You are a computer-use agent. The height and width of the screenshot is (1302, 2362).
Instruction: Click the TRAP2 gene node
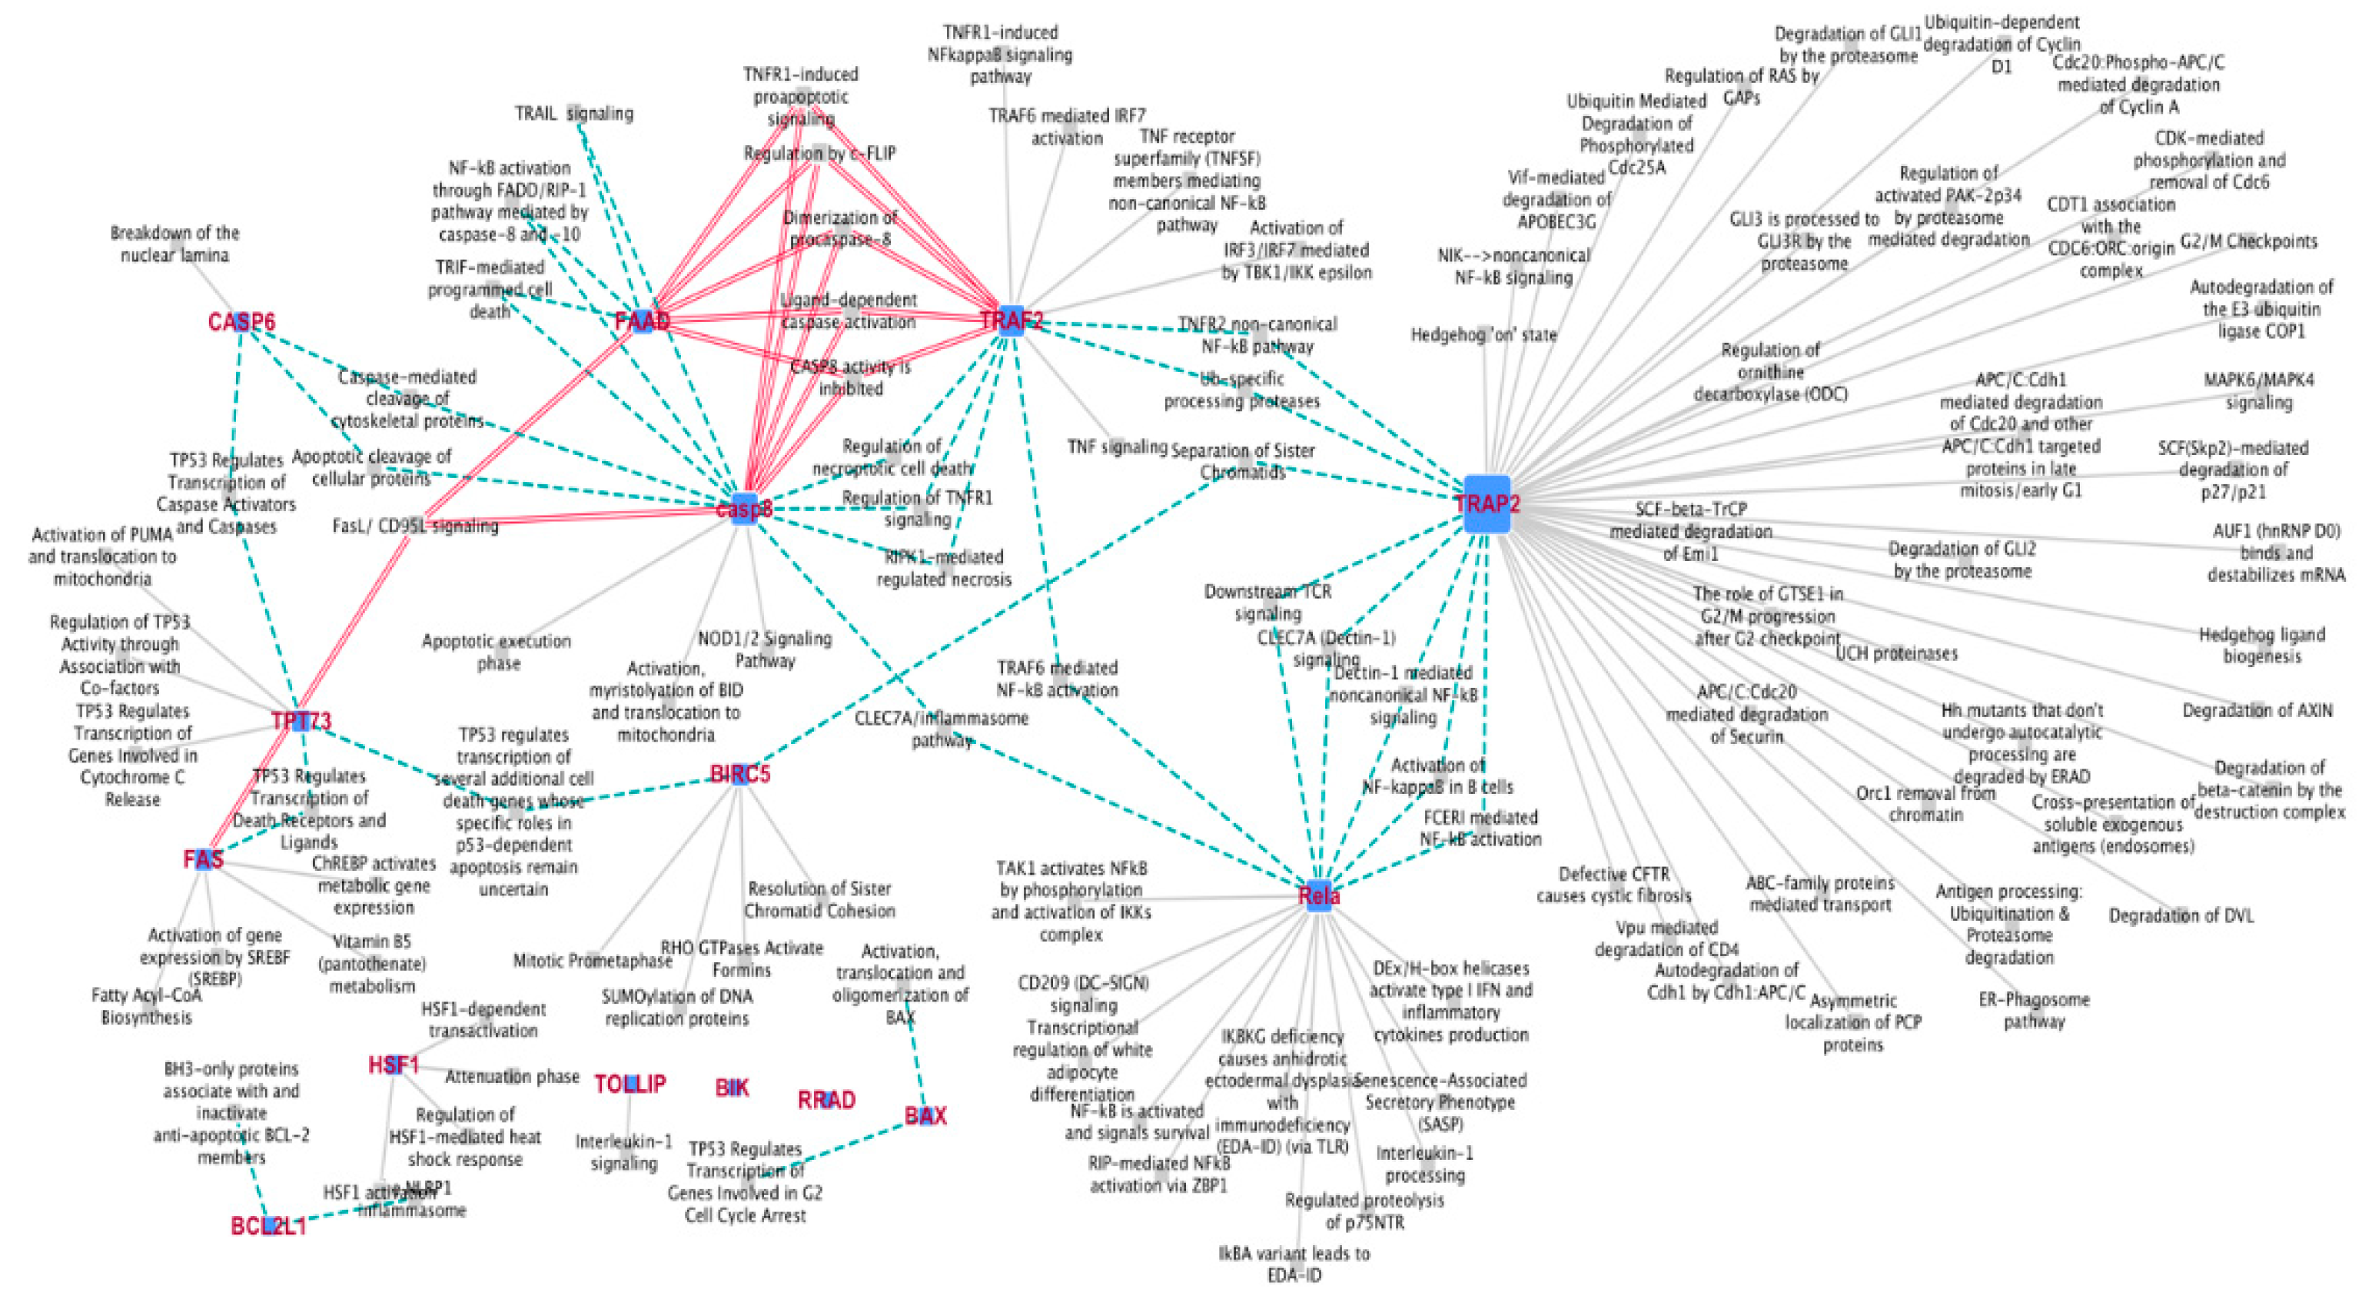click(x=1487, y=504)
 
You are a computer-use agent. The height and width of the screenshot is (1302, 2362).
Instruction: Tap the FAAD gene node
click(x=643, y=321)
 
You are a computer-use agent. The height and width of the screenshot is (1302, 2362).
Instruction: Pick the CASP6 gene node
click(x=241, y=322)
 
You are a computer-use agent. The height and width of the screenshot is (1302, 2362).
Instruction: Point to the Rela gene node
click(x=1318, y=896)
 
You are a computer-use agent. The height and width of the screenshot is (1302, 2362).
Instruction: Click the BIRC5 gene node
click(x=740, y=775)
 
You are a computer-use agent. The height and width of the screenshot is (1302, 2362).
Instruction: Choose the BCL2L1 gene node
click(x=269, y=1226)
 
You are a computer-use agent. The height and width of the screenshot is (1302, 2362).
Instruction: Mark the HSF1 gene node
click(x=394, y=1065)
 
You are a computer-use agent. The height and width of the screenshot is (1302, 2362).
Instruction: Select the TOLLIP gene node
click(x=630, y=1084)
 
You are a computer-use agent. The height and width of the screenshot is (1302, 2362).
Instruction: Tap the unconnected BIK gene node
click(x=732, y=1088)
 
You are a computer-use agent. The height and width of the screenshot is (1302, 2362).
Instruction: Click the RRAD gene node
click(x=826, y=1099)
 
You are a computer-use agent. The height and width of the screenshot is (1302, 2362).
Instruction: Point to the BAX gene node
click(x=925, y=1116)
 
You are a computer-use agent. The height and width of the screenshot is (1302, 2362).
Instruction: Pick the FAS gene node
click(x=204, y=859)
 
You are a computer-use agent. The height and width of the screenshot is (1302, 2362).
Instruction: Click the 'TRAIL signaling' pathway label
click(x=574, y=114)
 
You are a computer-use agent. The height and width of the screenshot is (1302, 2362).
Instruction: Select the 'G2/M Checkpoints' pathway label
click(x=2248, y=241)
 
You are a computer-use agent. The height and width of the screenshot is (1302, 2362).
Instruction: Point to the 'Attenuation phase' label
click(x=513, y=1077)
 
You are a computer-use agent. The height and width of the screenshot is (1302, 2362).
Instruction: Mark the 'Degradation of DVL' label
click(x=2181, y=915)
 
